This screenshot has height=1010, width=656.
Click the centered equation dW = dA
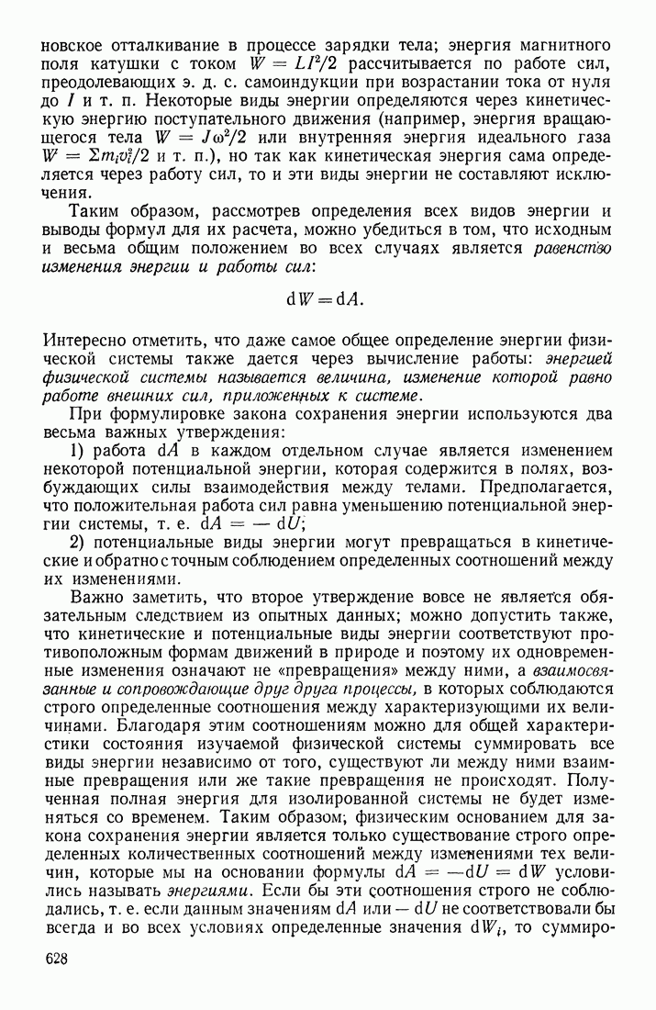[x=328, y=298]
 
